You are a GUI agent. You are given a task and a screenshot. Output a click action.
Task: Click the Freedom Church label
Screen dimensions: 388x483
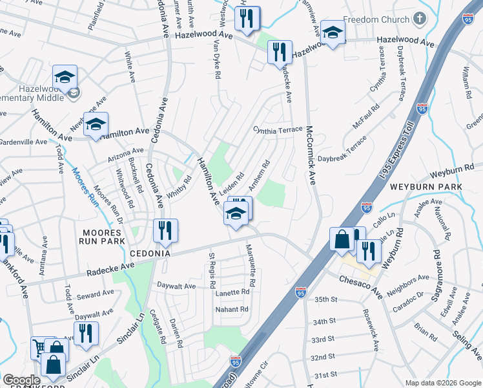point(376,19)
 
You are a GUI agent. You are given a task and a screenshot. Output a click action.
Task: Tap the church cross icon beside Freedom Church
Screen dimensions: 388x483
point(420,19)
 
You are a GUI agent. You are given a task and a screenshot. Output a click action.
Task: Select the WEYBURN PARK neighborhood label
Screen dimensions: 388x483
point(426,186)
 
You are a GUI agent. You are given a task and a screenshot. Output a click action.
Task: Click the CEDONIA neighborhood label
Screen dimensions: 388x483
point(150,253)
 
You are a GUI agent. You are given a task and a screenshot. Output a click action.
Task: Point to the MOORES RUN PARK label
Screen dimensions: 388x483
point(101,236)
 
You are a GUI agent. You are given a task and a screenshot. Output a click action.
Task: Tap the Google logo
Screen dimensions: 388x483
point(21,380)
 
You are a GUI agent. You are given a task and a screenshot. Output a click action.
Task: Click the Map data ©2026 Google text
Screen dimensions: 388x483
point(443,383)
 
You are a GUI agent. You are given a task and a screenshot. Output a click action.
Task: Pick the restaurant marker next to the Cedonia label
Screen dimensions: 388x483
point(165,231)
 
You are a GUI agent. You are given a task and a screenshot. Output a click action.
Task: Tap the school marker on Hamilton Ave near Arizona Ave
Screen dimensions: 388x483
point(96,125)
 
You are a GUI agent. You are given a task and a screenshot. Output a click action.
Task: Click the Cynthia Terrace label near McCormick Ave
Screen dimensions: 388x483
point(278,130)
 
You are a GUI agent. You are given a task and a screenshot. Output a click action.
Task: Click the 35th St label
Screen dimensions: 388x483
point(326,299)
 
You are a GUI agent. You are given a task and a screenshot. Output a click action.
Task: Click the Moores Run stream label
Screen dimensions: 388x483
point(84,182)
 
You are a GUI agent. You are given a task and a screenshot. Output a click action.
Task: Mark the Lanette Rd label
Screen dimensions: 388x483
point(232,292)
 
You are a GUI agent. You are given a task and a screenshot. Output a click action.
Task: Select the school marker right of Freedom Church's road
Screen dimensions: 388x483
point(333,34)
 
